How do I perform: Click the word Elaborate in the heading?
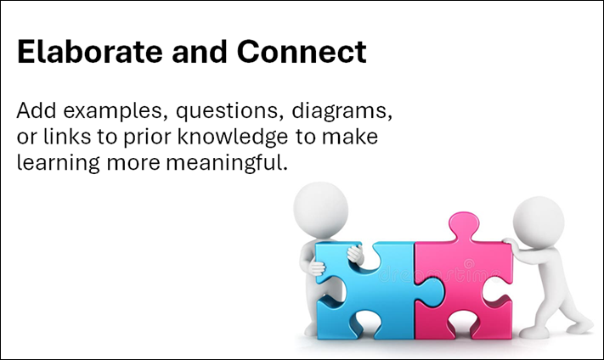[90, 51]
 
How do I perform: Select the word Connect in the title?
[302, 51]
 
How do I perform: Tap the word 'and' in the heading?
[200, 51]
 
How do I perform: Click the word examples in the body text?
[116, 111]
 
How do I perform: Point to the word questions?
[228, 111]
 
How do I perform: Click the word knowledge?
[232, 137]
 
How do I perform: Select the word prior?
[146, 138]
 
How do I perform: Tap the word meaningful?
[227, 162]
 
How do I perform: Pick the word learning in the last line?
[59, 162]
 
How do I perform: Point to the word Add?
[37, 110]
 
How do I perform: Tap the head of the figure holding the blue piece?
[320, 210]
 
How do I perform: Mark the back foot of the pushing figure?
[579, 326]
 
